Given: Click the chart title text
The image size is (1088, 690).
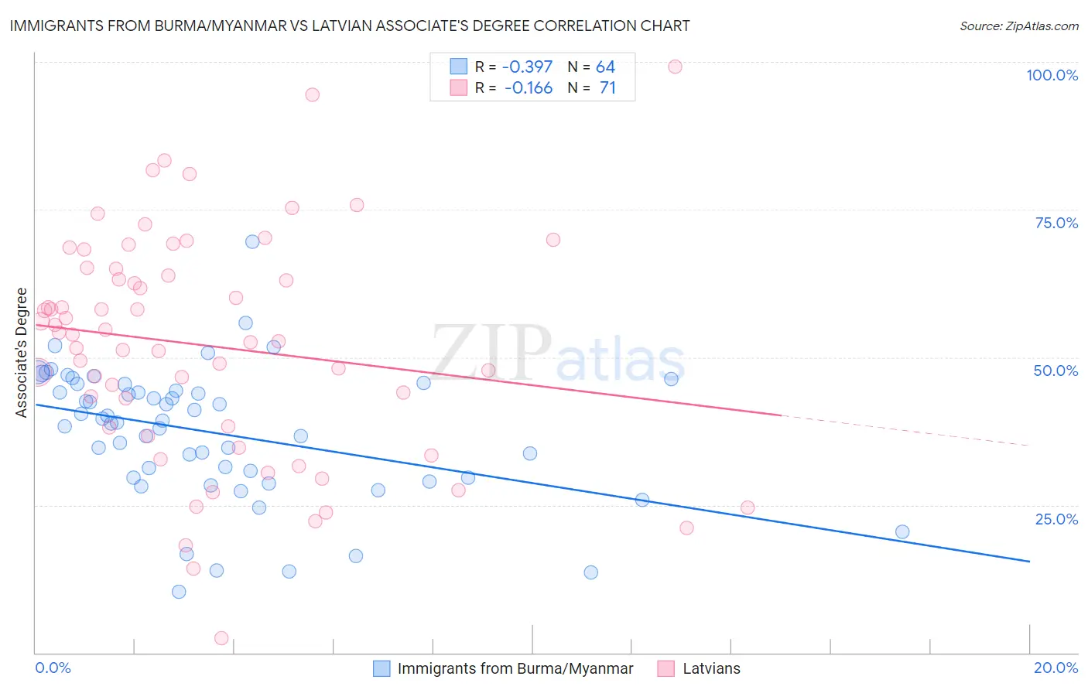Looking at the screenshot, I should [x=350, y=26].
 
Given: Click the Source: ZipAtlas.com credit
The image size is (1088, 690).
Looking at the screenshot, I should [x=1018, y=26].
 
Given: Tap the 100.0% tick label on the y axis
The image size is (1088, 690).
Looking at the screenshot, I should [x=1052, y=75].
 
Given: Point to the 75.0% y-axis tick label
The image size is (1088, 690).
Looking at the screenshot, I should [x=1056, y=223].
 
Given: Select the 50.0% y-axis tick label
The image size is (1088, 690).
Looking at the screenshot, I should [x=1055, y=371].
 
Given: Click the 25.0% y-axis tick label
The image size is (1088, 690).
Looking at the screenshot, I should [x=1056, y=519].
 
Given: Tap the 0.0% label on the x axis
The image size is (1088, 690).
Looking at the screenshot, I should [x=53, y=668].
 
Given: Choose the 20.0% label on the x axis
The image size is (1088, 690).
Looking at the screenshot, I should [x=1055, y=668].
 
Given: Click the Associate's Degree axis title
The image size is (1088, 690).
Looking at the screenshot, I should [x=22, y=353].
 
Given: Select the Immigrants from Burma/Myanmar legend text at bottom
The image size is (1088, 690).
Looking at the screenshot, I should [x=515, y=668].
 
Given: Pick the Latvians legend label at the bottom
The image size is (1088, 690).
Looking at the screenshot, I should [x=711, y=668].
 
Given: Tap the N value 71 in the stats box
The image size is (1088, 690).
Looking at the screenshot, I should [x=608, y=88].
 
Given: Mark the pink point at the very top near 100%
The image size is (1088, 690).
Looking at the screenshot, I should [x=675, y=67].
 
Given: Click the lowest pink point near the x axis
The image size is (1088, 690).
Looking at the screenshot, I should [x=221, y=638].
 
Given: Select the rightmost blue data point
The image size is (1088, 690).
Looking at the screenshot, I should [x=902, y=531].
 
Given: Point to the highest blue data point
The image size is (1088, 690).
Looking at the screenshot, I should [x=252, y=241].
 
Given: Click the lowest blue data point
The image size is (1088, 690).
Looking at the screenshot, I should [x=179, y=592].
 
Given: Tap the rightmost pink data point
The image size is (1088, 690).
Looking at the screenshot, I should [x=748, y=507].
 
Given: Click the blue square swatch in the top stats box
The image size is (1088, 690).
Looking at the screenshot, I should [x=459, y=67].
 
